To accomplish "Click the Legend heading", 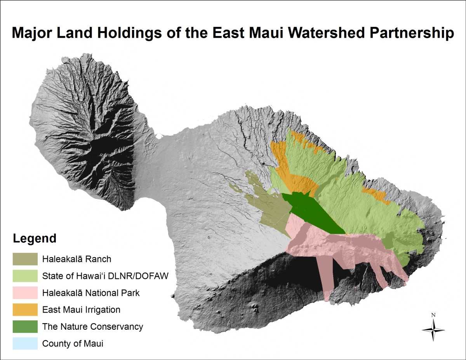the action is (x=35, y=238).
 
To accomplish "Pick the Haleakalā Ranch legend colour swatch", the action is (x=25, y=259).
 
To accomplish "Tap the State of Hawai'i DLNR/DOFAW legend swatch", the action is (x=25, y=276).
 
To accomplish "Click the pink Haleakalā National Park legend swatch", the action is (x=25, y=293).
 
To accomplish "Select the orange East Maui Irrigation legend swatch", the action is (x=25, y=310).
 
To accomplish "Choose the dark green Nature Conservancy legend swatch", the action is (x=25, y=327).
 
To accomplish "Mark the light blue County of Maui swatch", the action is (x=25, y=343).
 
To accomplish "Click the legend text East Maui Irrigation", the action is (x=81, y=310).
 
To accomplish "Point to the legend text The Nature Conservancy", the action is (x=93, y=327).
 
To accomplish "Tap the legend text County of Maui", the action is (x=73, y=344).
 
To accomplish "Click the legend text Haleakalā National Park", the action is (x=91, y=293).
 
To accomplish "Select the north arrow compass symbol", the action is (x=433, y=330).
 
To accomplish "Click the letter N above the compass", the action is (x=433, y=315).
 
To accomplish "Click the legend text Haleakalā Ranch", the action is (x=77, y=259).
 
